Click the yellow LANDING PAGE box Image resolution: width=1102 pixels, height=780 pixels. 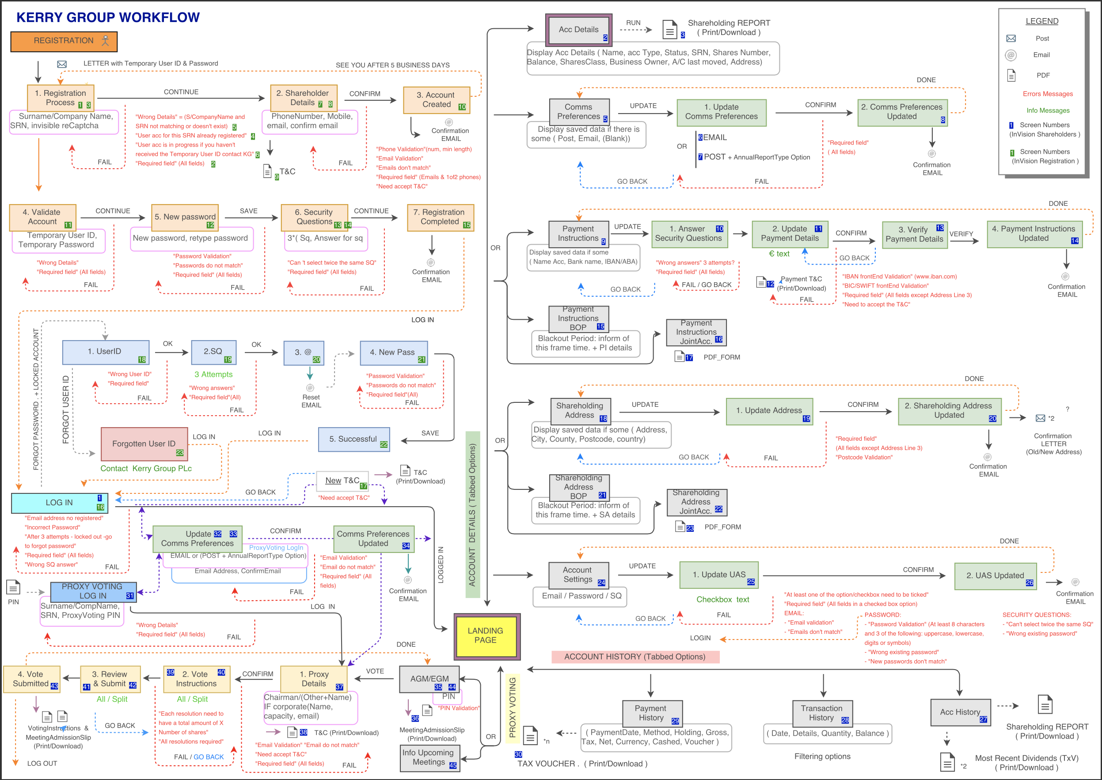[x=486, y=636]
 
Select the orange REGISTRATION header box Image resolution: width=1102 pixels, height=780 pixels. [x=64, y=42]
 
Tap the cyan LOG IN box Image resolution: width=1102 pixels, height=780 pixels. [x=59, y=502]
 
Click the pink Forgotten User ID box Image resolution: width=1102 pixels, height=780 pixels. [x=144, y=444]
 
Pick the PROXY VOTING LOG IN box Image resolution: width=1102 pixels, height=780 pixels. [x=93, y=591]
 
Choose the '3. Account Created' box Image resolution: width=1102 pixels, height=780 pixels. [x=436, y=100]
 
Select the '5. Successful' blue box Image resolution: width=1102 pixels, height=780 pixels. [x=353, y=439]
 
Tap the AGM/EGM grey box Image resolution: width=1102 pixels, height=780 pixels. [x=429, y=679]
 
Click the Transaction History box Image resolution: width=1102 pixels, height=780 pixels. [x=821, y=713]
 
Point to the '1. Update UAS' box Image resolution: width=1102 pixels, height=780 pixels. [x=718, y=575]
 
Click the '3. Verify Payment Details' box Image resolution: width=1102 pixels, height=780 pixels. [x=914, y=235]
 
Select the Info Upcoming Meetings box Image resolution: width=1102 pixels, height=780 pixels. [x=429, y=757]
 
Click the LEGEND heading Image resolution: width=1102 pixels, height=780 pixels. [x=1041, y=21]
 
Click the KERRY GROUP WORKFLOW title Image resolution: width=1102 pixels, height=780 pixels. [x=108, y=17]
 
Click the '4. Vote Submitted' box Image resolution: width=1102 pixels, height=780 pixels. [x=32, y=679]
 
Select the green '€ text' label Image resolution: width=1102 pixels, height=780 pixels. [x=779, y=254]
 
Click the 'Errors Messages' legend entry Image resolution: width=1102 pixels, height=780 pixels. [x=1047, y=94]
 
